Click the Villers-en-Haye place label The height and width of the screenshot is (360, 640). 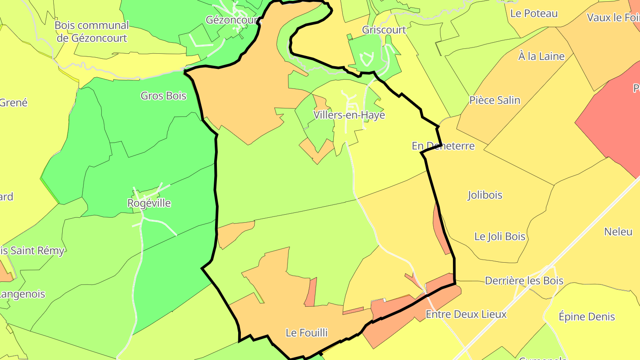coord(349,115)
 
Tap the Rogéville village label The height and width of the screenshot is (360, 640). coord(149,203)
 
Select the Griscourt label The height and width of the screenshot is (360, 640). coord(384,30)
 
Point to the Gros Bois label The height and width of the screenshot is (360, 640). coord(163,96)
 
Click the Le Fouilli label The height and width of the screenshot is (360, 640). coord(307,332)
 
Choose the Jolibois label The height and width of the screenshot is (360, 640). coord(485,195)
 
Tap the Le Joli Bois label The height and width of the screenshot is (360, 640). coord(500,236)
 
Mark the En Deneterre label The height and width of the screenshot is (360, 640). coord(443,146)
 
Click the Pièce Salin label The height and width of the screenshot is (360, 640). coord(495,100)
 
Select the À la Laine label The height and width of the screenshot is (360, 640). coord(541,56)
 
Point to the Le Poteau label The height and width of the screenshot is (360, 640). coord(534,13)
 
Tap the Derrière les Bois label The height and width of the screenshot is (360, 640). coord(524,281)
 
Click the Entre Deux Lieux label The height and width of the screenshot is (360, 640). coord(466,314)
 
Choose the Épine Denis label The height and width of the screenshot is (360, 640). coord(587,316)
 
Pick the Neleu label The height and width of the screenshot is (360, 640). coord(618,232)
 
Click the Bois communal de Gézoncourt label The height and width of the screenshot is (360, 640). coord(92,32)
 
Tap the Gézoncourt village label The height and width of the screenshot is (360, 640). coord(232,20)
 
